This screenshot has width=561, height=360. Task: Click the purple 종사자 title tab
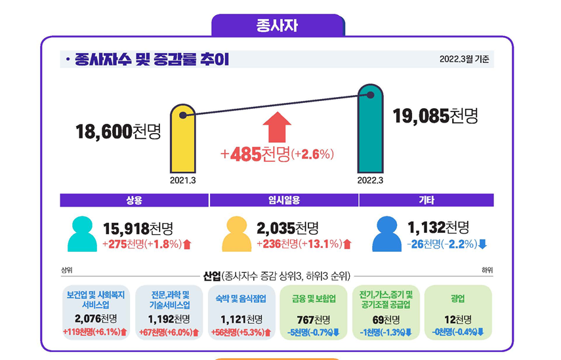pyautogui.click(x=278, y=26)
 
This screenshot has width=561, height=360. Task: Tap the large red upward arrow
pyautogui.click(x=277, y=127)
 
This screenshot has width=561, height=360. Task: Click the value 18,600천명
pyautogui.click(x=118, y=132)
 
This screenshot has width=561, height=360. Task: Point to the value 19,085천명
pyautogui.click(x=435, y=117)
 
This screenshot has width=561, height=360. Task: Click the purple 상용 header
pyautogui.click(x=134, y=201)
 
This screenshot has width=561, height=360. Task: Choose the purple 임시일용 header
pyautogui.click(x=284, y=201)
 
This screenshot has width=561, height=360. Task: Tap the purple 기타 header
pyautogui.click(x=426, y=201)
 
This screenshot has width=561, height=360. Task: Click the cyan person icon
pyautogui.click(x=82, y=235)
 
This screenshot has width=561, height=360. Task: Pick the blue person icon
pyautogui.click(x=387, y=235)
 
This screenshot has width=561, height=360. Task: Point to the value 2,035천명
pyautogui.click(x=287, y=228)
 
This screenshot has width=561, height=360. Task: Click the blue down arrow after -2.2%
pyautogui.click(x=483, y=245)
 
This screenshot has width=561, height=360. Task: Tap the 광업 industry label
pyautogui.click(x=457, y=298)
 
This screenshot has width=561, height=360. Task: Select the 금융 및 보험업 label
pyautogui.click(x=314, y=298)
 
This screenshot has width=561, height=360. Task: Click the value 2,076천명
pyautogui.click(x=96, y=319)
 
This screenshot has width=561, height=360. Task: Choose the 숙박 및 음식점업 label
pyautogui.click(x=241, y=298)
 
